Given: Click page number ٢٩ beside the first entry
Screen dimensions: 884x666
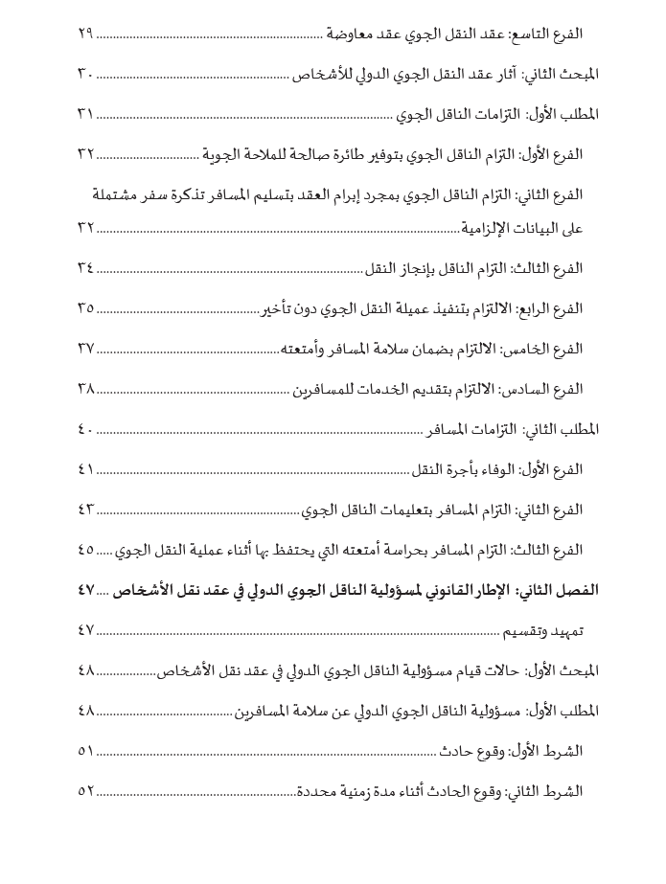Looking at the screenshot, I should [86, 34].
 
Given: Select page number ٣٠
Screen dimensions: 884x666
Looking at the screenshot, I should [86, 74].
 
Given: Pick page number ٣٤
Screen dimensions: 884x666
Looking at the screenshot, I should [86, 267].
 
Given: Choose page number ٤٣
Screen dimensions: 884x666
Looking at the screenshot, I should [86, 509].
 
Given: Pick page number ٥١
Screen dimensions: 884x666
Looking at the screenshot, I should [86, 752].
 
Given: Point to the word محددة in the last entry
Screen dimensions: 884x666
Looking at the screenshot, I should [316, 792].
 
